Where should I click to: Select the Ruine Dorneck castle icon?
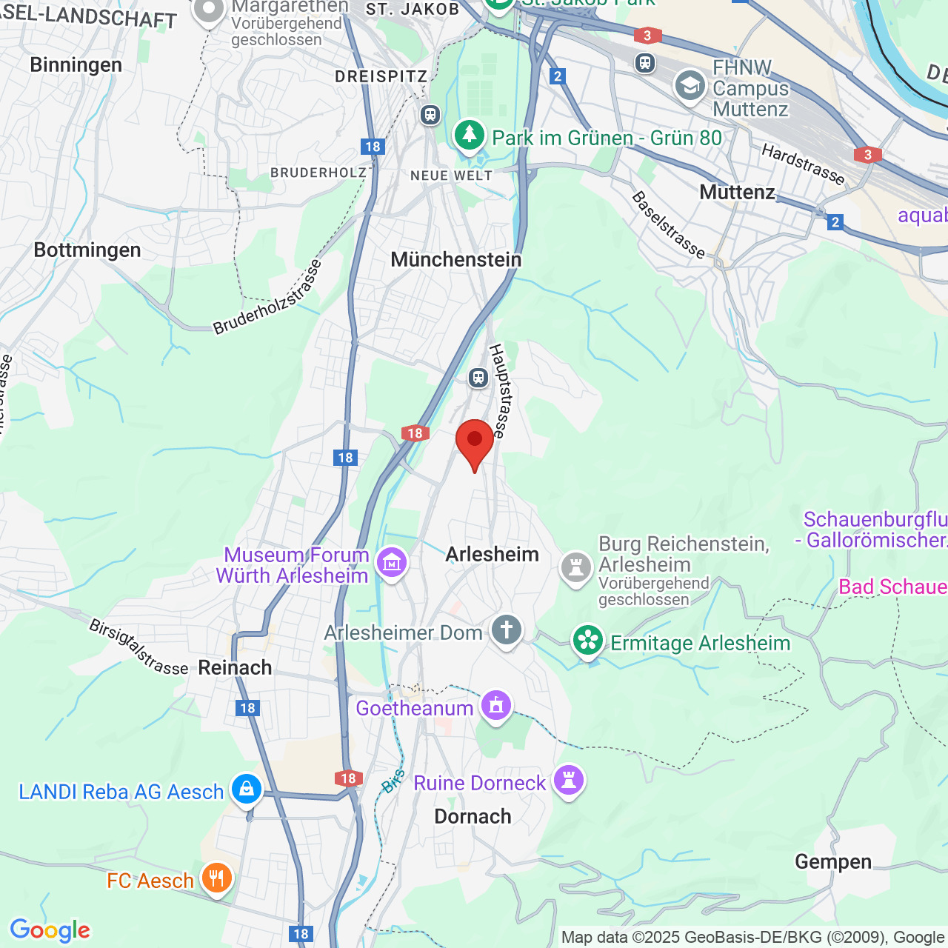click(x=569, y=780)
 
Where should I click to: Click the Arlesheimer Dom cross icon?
click(x=507, y=630)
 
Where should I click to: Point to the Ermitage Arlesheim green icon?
click(x=588, y=641)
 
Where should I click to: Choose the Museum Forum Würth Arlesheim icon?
click(x=392, y=563)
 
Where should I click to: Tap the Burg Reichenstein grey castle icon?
click(x=575, y=568)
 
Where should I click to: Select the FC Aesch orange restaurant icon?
click(x=216, y=878)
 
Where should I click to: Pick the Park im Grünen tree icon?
click(x=469, y=136)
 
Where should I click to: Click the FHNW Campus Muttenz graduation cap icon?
click(x=690, y=87)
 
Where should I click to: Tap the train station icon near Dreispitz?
click(x=430, y=115)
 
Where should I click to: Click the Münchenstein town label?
click(x=456, y=259)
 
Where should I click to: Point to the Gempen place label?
click(x=833, y=861)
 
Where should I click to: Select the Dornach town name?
click(x=473, y=816)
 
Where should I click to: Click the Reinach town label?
click(x=235, y=667)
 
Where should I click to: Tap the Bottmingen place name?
click(x=87, y=250)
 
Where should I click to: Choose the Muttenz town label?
click(x=737, y=193)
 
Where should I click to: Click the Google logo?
click(x=50, y=930)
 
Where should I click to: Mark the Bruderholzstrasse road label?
click(x=268, y=297)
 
